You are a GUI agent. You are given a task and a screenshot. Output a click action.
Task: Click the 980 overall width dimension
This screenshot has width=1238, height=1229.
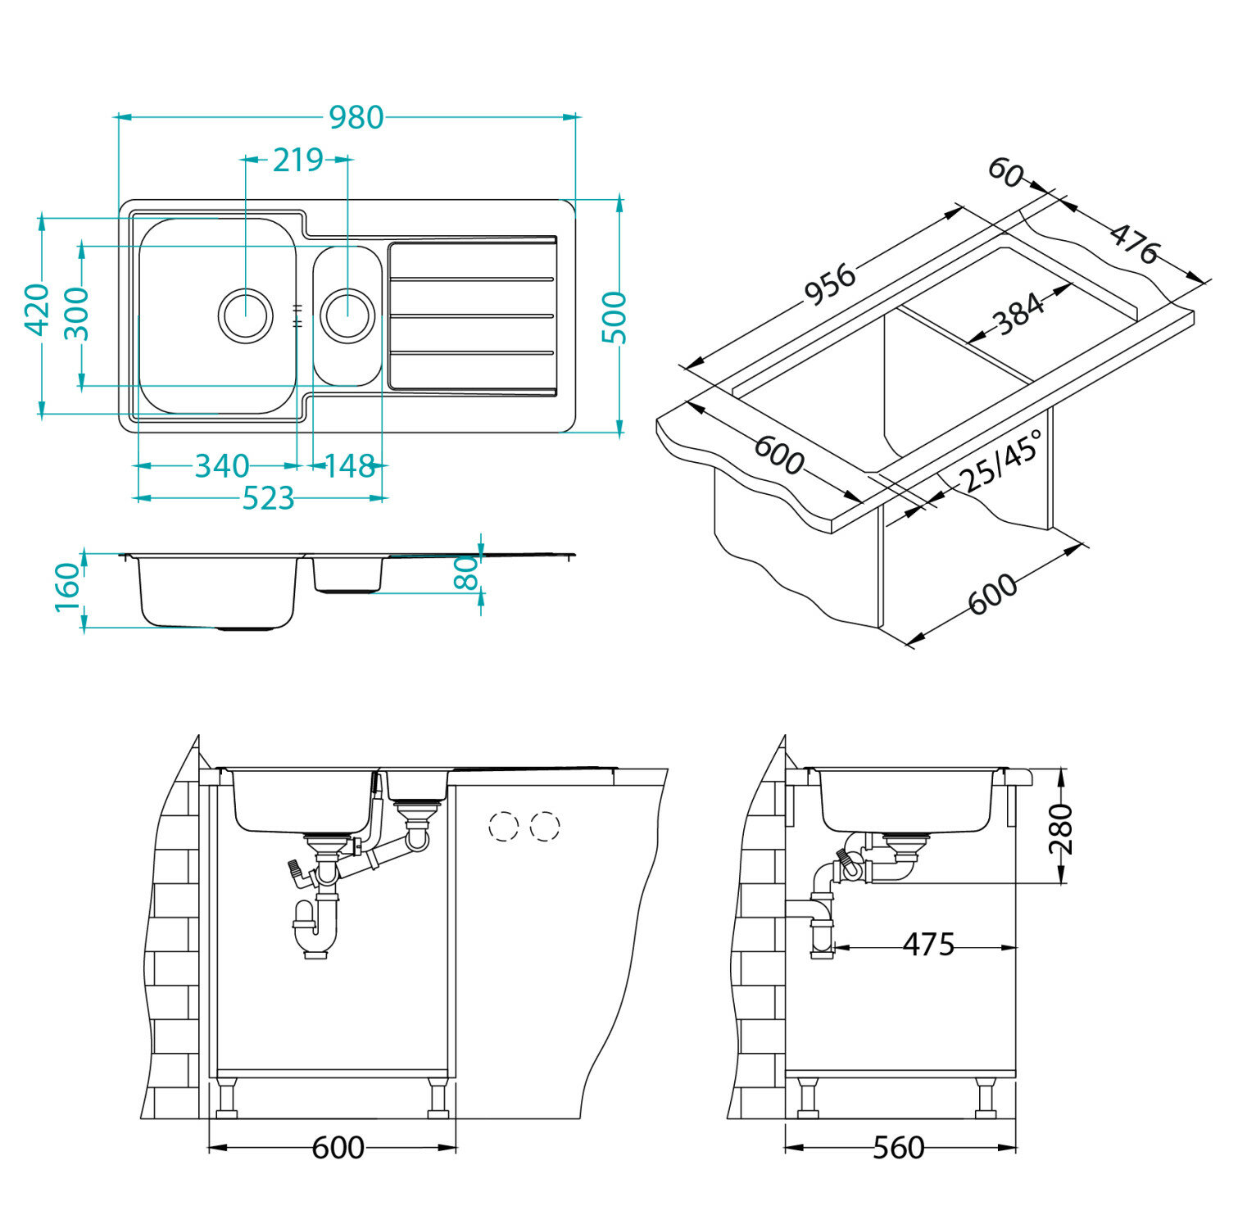click(356, 118)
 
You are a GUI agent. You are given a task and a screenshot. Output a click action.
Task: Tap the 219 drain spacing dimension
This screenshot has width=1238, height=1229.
click(297, 161)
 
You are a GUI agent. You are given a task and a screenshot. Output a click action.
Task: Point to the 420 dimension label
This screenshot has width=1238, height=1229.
click(38, 309)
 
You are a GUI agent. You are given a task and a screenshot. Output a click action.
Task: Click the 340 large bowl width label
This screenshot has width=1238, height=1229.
click(221, 466)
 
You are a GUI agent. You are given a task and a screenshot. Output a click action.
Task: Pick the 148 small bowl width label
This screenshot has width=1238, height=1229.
click(350, 466)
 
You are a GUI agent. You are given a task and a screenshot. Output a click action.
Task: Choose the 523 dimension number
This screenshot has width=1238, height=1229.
click(268, 498)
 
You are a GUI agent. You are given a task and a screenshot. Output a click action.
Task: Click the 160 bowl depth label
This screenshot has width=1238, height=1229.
click(69, 587)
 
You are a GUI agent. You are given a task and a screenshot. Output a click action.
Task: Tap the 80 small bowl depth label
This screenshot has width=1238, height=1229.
click(465, 573)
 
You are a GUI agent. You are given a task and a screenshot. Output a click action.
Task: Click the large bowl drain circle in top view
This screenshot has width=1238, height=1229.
click(245, 315)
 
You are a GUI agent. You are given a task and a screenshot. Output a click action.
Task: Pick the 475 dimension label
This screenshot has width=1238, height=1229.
click(928, 946)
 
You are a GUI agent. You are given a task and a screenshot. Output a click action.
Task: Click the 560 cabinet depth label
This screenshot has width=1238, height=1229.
click(898, 1148)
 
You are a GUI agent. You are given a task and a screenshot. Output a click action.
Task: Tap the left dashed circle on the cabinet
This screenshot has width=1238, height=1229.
click(503, 826)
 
